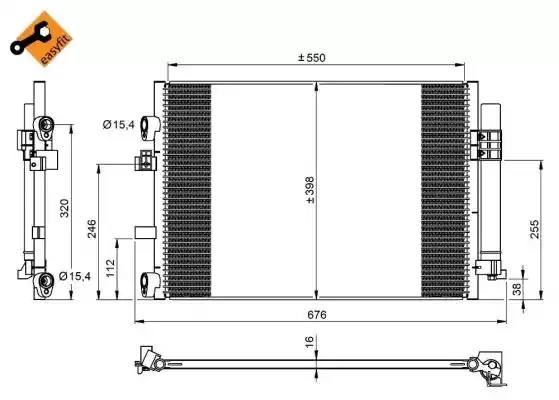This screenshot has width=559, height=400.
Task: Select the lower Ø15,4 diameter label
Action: pyautogui.click(x=76, y=275)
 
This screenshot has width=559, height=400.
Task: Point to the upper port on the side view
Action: pyautogui.click(x=44, y=126)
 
